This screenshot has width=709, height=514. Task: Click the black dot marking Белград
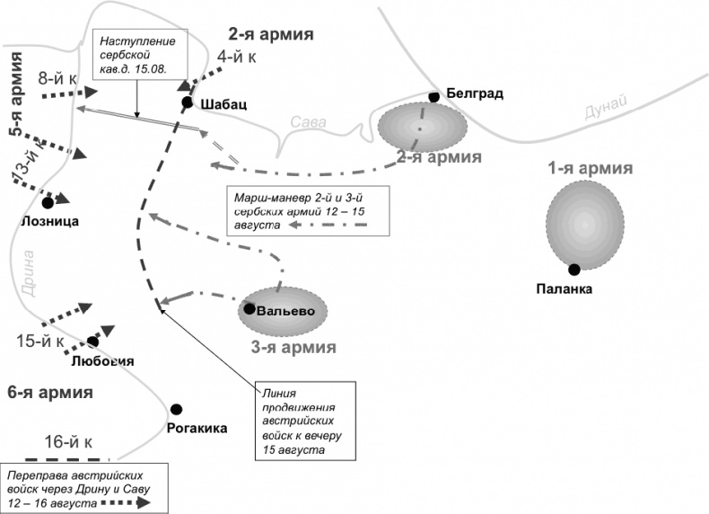[x=433, y=96]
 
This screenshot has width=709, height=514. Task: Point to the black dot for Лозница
[x=48, y=203]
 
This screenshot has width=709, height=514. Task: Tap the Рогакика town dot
[x=177, y=410]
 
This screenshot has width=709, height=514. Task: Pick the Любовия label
[x=101, y=361]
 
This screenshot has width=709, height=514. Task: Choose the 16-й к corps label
[x=68, y=441]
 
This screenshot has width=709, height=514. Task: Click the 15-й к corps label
[x=40, y=341]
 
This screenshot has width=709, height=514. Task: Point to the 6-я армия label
[x=49, y=392]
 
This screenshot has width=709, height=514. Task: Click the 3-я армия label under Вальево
[x=293, y=347]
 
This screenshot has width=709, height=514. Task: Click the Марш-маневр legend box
[x=309, y=210]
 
